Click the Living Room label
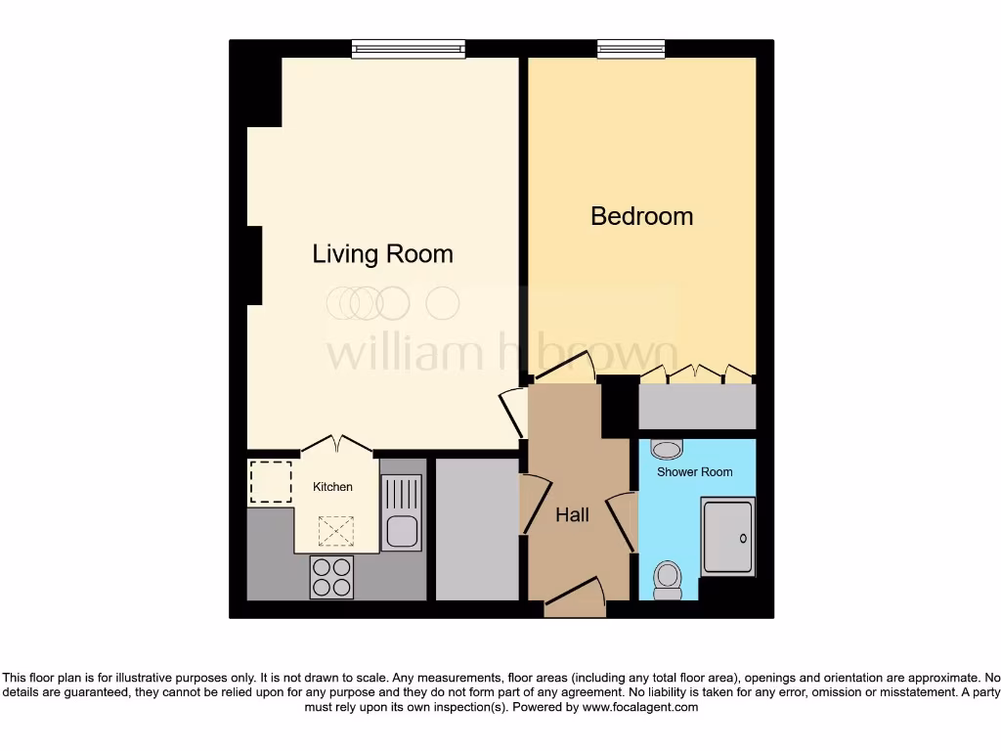click(x=382, y=254)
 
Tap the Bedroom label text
click(x=641, y=216)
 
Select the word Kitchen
click(x=332, y=487)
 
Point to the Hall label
click(x=572, y=514)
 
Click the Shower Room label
click(x=694, y=472)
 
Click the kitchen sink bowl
click(x=401, y=531)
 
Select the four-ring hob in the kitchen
click(x=331, y=576)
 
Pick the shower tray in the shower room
click(x=728, y=537)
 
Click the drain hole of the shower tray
click(x=744, y=537)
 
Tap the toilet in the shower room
click(x=668, y=579)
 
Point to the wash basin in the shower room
click(x=667, y=449)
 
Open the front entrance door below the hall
click(x=575, y=598)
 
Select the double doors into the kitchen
click(x=336, y=445)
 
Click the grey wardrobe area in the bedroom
click(x=697, y=407)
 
